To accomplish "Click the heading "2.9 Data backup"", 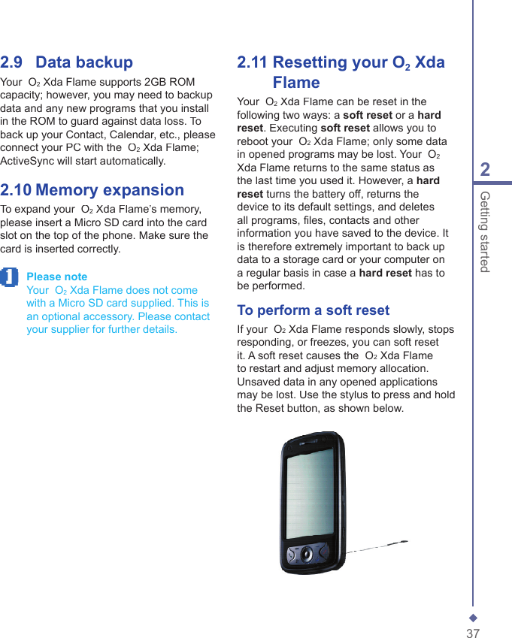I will click(67, 62).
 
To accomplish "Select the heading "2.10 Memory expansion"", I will click(92, 190).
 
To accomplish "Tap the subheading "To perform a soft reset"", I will click(313, 310).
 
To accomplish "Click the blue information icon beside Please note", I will click(9, 277).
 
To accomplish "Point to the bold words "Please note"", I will click(56, 277).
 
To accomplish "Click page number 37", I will click(473, 633).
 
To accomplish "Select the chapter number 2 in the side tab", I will click(485, 170).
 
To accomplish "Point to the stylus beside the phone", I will click(376, 546).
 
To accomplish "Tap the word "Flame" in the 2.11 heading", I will click(296, 83).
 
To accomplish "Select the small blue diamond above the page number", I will click(473, 617).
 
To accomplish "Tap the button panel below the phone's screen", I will click(308, 554).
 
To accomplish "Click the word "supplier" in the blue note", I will click(73, 329).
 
